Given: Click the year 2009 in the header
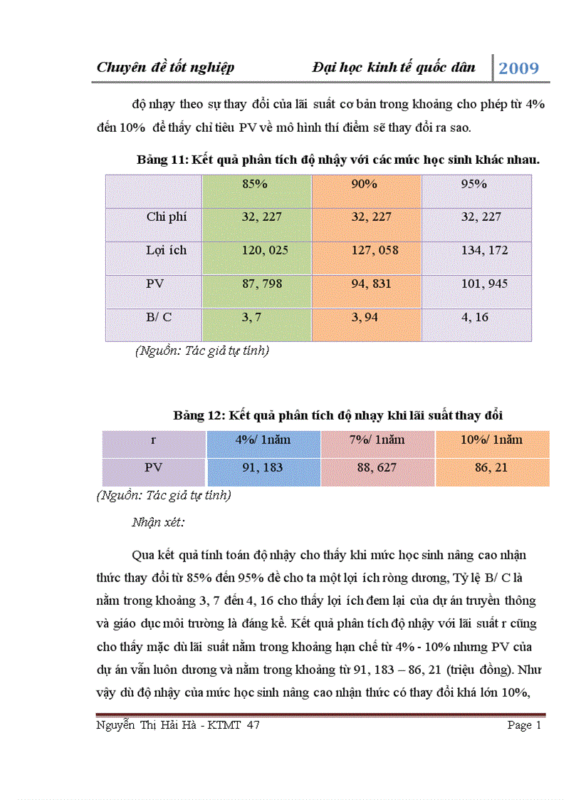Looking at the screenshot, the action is (518, 68).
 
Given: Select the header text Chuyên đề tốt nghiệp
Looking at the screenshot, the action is (165, 68).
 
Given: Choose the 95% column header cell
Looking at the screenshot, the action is (474, 184).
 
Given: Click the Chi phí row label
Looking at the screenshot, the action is (167, 217).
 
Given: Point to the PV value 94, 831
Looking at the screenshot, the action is (375, 284).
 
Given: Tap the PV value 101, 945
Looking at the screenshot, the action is (485, 284).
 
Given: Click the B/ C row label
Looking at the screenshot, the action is (159, 317).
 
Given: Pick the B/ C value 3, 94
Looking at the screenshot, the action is (365, 317).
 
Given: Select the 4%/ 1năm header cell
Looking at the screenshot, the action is (263, 440).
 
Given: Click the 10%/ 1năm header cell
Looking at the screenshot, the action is (491, 440).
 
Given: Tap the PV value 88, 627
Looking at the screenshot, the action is (377, 467).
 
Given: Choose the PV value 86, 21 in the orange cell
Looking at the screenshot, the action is (491, 467).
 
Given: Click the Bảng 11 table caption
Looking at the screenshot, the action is (337, 160).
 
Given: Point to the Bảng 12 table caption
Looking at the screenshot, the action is (338, 415).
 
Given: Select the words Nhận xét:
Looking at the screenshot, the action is (158, 522).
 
